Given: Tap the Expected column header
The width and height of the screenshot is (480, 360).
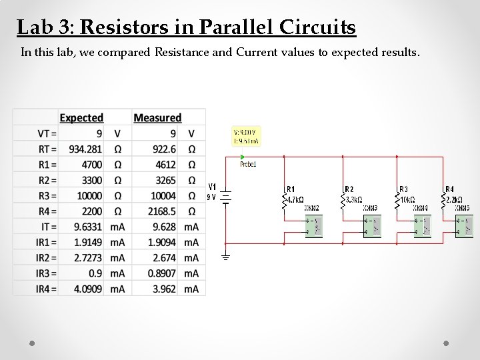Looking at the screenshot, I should click(81, 118).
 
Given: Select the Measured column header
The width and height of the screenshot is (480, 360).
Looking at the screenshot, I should click(157, 118).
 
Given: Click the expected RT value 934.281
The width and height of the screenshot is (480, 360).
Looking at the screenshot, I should click(86, 149).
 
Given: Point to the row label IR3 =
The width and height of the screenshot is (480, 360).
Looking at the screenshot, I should click(46, 273).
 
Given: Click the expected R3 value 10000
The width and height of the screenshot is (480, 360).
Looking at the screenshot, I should click(89, 196).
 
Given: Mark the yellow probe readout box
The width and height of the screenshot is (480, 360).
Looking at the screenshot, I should click(245, 136).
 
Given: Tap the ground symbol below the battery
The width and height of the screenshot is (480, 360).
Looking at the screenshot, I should click(225, 257).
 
